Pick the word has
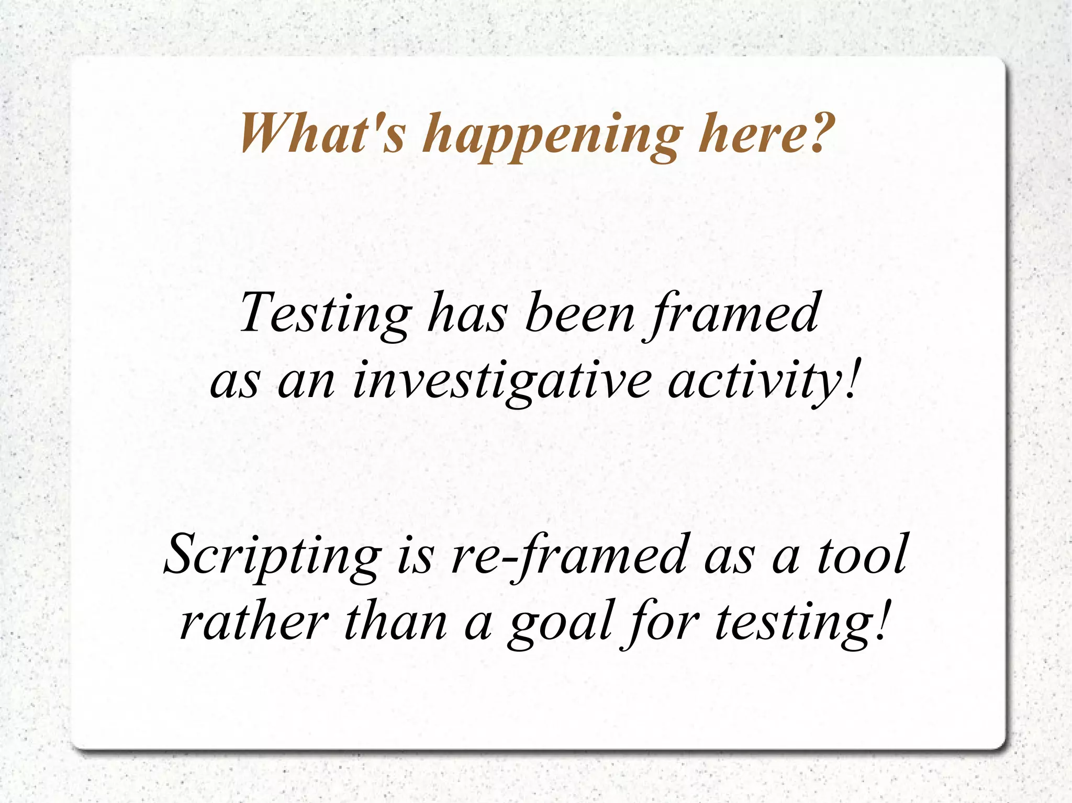coord(467,314)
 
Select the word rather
coord(254,623)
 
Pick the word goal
coord(560,625)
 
